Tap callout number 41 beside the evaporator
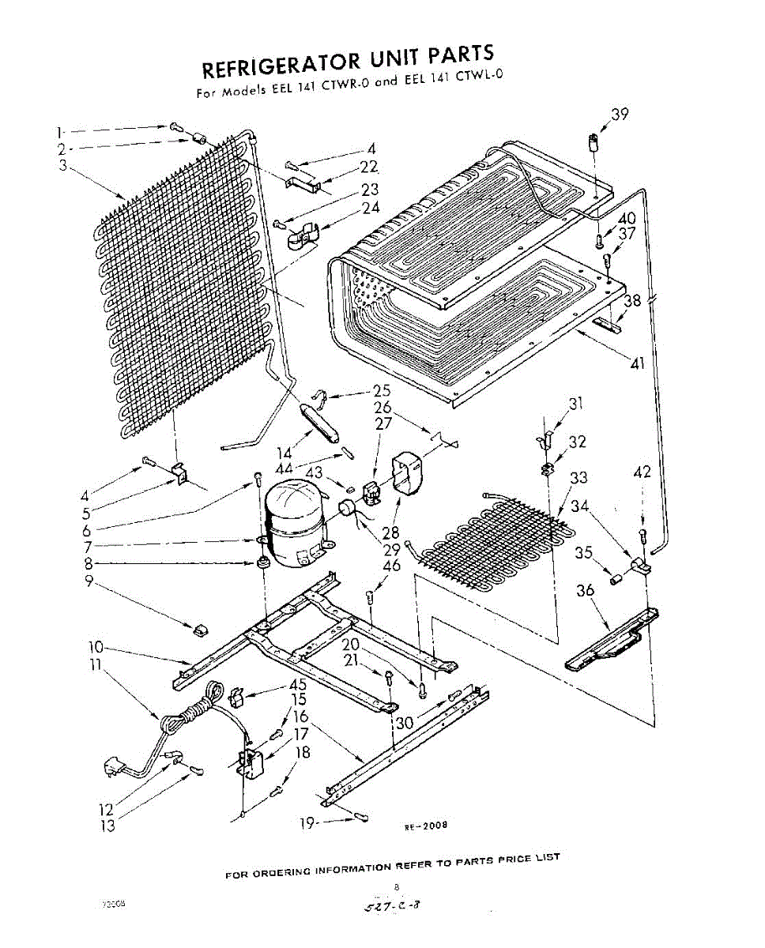pyautogui.click(x=639, y=365)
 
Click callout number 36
pyautogui.click(x=585, y=589)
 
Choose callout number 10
pyautogui.click(x=96, y=649)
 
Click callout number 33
pyautogui.click(x=579, y=478)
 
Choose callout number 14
pyautogui.click(x=285, y=453)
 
